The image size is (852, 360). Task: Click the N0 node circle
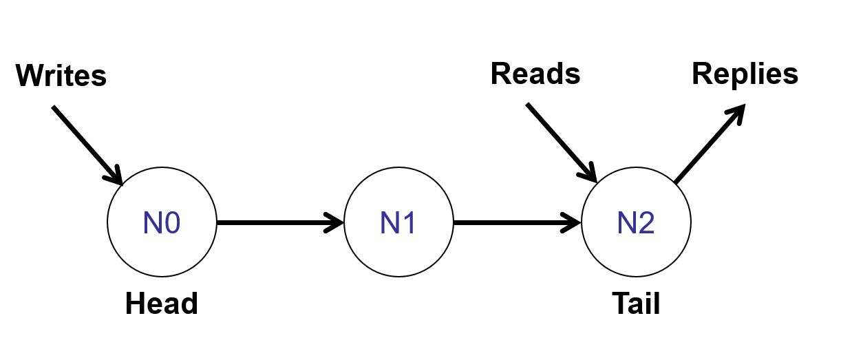pos(162,222)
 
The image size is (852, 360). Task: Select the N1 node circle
pos(398,222)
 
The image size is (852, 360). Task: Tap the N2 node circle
pos(636,222)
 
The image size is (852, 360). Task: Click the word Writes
pos(61,75)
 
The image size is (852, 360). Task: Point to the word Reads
pos(535,74)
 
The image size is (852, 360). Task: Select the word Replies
pos(745,74)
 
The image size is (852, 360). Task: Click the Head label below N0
pos(162,304)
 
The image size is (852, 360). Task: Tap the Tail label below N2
pos(636,304)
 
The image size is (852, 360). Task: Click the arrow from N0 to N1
pos(275,222)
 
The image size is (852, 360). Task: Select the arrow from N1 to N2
pos(513,222)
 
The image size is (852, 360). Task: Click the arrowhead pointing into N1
pos(335,222)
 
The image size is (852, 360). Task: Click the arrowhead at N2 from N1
pos(573,222)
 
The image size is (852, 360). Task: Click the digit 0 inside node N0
pos(171,222)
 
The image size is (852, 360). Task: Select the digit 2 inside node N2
pos(646,222)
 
